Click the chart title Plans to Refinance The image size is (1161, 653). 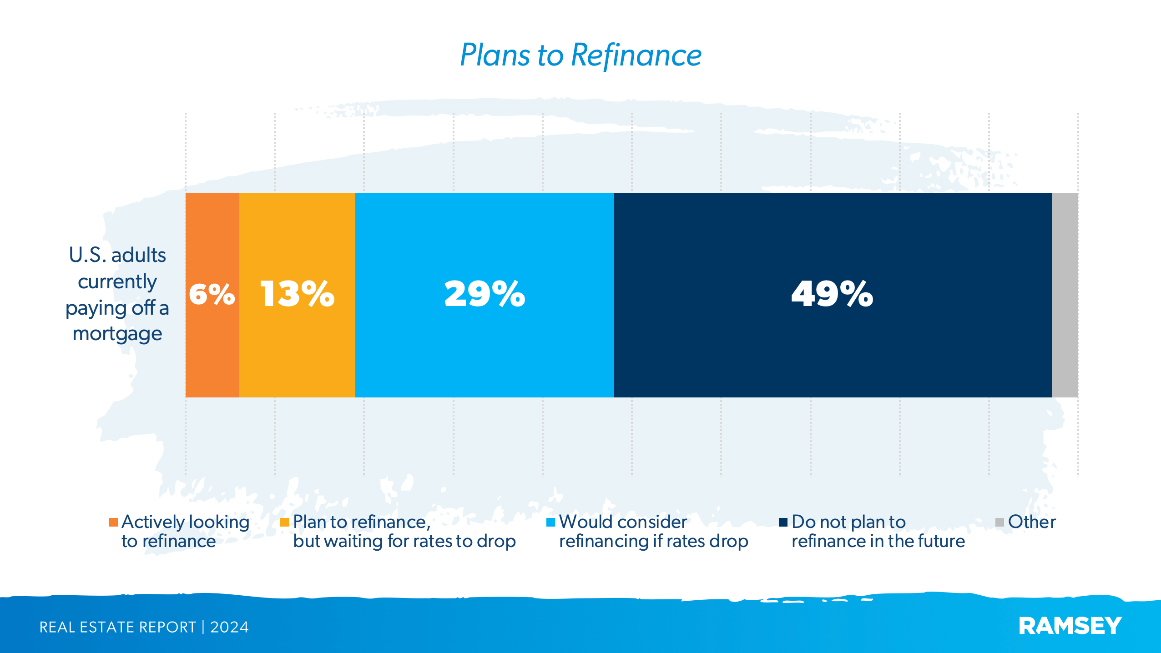click(580, 55)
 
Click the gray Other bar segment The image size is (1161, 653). click(1065, 295)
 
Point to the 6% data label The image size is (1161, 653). click(212, 294)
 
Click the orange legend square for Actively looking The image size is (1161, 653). click(113, 522)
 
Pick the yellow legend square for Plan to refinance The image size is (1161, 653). click(285, 522)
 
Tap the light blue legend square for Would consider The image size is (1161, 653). click(550, 522)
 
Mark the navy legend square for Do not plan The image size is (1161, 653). click(783, 522)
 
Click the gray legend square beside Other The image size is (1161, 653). click(999, 522)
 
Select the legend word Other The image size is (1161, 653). click(1032, 522)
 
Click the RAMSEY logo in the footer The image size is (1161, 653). click(1070, 626)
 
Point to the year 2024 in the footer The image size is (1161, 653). click(229, 628)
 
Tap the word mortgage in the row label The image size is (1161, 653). click(117, 334)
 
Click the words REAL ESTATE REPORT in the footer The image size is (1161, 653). click(117, 628)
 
